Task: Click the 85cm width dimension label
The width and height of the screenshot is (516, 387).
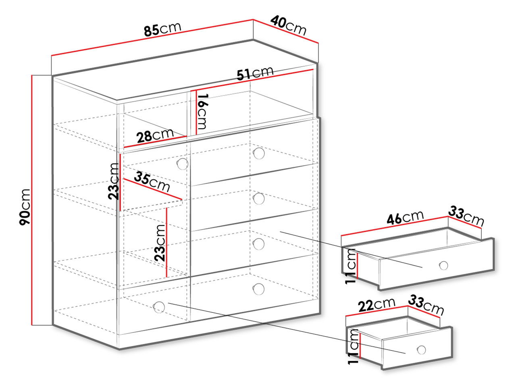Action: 163,29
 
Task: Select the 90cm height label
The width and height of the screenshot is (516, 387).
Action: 25,207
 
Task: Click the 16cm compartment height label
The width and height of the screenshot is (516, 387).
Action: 202,111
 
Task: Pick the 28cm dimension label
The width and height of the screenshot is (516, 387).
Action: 155,135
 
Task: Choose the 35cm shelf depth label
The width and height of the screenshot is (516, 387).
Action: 152,182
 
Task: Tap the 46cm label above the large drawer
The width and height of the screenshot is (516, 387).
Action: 405,217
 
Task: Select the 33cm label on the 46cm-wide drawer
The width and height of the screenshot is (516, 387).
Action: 466,216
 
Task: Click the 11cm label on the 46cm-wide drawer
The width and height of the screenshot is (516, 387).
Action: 351,266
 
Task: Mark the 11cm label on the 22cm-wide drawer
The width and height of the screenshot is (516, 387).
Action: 354,347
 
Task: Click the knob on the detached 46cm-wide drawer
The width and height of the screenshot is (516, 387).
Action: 443,266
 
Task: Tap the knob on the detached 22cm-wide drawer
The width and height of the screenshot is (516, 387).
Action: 421,350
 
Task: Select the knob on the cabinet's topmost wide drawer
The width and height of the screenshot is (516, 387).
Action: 259,153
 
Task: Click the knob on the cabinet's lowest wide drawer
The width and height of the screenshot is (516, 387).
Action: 258,289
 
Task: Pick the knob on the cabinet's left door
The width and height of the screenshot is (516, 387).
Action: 183,164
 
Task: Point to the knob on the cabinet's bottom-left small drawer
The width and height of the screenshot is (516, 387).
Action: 159,307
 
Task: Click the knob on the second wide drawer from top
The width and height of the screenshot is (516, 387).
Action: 259,199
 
